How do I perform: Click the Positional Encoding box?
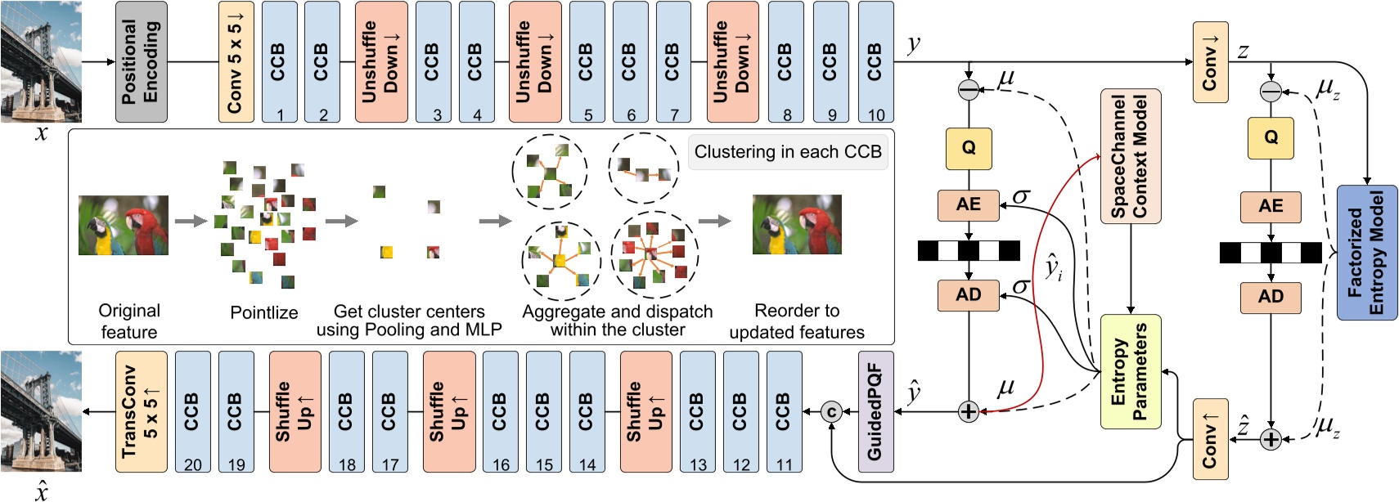[x=141, y=62]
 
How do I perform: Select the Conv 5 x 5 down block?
[x=236, y=62]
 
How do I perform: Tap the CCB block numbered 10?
[x=875, y=62]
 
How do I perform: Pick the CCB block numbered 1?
[x=279, y=62]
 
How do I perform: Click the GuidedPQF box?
[x=875, y=411]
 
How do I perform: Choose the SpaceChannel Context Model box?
[x=1130, y=156]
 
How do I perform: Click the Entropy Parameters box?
[x=1130, y=371]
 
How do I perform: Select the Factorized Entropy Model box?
[x=1366, y=252]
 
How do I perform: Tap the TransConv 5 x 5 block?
[x=141, y=411]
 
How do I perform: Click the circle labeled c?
[x=831, y=411]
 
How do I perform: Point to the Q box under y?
[x=968, y=148]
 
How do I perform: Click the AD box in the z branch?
[x=1270, y=297]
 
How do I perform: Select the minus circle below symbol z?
[x=1270, y=92]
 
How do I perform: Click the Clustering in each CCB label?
[x=787, y=152]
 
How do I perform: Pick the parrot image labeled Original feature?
[x=124, y=225]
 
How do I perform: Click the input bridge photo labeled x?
[x=41, y=62]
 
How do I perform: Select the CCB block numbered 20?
[x=192, y=411]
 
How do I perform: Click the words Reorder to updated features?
[x=796, y=321]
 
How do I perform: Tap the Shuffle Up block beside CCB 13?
[x=646, y=411]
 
